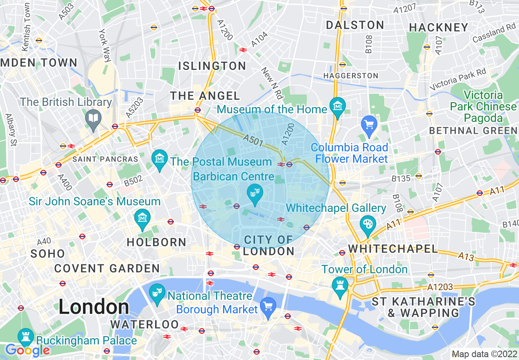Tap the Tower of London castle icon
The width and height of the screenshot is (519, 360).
(340, 283)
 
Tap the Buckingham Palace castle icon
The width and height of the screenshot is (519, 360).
(25, 337)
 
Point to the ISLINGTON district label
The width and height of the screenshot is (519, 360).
(212, 66)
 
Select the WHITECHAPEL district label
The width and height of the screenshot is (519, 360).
(393, 248)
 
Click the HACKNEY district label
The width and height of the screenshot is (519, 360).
(438, 27)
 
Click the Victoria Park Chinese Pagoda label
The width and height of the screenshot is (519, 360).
(483, 106)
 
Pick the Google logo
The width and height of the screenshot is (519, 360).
(27, 350)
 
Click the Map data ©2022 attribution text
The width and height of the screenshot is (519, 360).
(484, 354)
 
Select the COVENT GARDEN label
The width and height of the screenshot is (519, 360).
(107, 268)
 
